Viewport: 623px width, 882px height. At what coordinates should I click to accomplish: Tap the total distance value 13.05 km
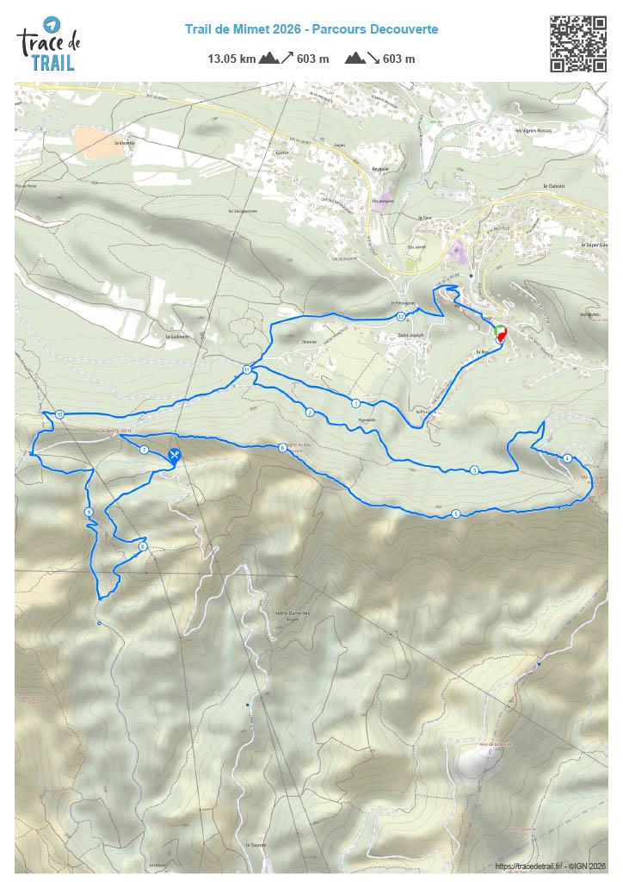pos(231,59)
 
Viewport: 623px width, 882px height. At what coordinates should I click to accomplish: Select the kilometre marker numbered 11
pos(247,370)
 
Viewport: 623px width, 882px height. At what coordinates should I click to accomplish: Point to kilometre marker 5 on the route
pos(455,514)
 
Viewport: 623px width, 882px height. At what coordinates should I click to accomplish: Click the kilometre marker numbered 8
pos(143,546)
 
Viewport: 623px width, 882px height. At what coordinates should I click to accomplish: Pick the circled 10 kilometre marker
pos(59,415)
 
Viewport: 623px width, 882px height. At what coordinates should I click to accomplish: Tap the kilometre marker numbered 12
pos(401,317)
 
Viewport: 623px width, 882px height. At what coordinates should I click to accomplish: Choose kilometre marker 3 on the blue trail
pos(474,470)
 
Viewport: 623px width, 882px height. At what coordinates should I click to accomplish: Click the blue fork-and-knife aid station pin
pos(175,455)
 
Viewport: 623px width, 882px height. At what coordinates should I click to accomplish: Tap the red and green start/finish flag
pos(502,333)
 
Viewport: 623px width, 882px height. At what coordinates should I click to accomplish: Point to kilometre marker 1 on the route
pos(355,402)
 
